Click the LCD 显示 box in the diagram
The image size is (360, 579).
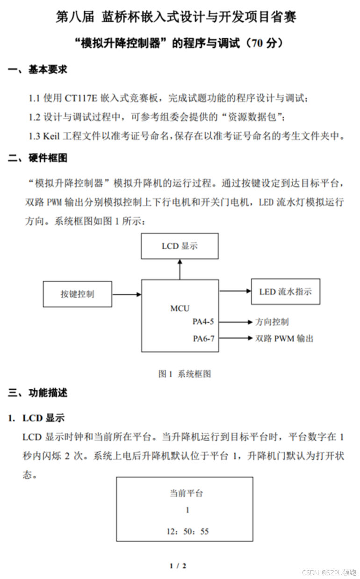tap(180, 246)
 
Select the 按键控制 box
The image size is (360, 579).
tap(77, 294)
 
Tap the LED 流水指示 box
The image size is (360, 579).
tap(285, 292)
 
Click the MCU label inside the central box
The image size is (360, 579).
tap(180, 308)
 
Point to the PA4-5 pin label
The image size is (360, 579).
tap(204, 322)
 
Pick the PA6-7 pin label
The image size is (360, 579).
tap(204, 338)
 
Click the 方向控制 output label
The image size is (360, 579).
tap(272, 322)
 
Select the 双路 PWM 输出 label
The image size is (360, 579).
tap(284, 338)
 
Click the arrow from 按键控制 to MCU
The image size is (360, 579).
tap(127, 294)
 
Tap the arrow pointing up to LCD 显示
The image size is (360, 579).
tap(180, 269)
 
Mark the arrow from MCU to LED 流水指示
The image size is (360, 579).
tap(235, 291)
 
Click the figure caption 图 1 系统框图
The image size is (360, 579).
tap(185, 373)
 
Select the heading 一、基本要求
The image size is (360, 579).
tap(37, 70)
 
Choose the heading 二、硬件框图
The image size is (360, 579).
tap(37, 158)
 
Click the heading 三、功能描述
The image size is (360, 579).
tap(37, 393)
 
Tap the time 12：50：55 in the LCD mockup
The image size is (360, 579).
tap(187, 531)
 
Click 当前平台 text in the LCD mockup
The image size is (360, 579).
tap(186, 493)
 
